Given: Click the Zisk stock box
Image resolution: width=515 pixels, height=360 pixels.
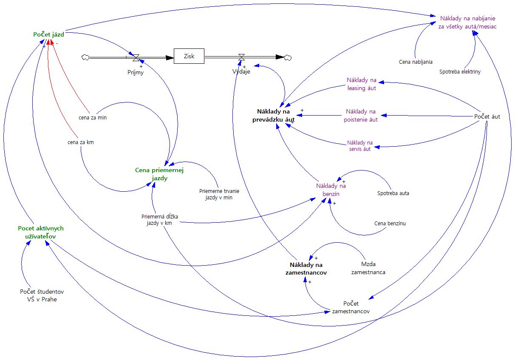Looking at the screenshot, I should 189,56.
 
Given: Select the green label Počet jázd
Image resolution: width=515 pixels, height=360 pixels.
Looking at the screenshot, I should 48,34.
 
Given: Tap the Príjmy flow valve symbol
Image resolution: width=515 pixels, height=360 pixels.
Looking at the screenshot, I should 136,57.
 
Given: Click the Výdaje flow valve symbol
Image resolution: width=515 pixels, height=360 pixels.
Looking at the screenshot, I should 241,57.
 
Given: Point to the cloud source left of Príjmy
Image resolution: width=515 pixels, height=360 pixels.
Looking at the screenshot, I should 85,57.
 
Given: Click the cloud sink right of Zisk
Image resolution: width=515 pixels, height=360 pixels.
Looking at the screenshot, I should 288,57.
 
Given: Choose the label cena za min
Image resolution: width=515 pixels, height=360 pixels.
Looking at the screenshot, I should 93,117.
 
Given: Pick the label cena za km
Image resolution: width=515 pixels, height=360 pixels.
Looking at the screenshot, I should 80,142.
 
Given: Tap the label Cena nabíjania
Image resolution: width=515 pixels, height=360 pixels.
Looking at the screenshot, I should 416,62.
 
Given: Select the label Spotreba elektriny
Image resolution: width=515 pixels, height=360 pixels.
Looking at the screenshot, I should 460,71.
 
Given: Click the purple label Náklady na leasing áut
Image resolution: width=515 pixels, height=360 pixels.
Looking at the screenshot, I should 362,84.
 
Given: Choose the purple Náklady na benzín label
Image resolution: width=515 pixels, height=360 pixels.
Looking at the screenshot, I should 331,190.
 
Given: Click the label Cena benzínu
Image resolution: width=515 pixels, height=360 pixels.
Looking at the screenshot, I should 390,223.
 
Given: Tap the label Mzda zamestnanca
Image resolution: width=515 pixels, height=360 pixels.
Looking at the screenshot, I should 368,268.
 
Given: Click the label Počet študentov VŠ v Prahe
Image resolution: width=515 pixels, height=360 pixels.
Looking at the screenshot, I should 42,295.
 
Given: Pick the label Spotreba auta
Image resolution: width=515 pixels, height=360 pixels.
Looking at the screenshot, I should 393,193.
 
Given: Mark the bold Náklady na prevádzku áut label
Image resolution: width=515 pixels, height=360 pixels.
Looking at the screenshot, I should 276,116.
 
